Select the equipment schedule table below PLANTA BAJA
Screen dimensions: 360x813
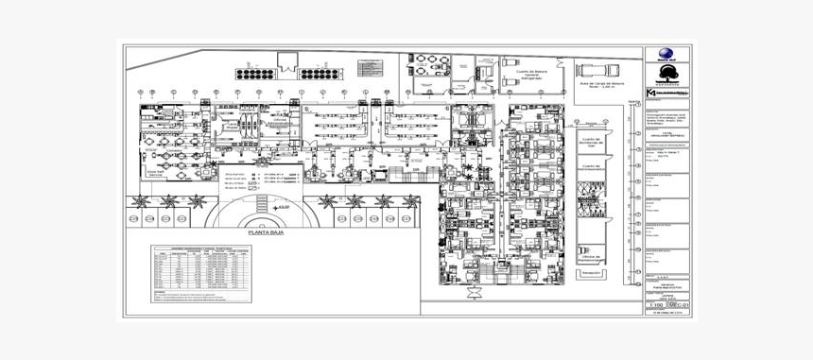202,274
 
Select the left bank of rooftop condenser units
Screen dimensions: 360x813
254,74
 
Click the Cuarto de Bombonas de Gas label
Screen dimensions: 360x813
590,145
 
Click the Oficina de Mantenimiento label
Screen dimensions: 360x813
592,257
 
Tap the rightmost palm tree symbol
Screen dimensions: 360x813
412,201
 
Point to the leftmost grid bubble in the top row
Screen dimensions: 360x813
139,92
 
